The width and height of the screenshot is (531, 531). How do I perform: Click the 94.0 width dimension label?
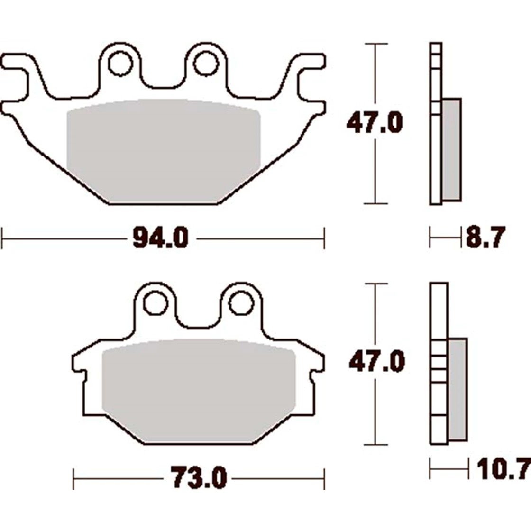[160, 238]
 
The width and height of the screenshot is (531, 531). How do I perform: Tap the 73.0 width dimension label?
[199, 478]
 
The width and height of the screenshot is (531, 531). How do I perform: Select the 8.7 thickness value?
[485, 237]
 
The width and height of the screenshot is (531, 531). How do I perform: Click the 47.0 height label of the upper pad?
[375, 123]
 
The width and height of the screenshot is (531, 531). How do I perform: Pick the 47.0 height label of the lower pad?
[377, 362]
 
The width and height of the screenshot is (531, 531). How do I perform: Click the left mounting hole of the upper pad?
[120, 63]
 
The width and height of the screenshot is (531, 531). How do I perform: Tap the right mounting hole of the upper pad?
[206, 63]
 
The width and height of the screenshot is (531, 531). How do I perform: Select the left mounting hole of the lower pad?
[156, 303]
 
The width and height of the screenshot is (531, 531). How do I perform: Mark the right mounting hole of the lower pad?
[241, 303]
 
